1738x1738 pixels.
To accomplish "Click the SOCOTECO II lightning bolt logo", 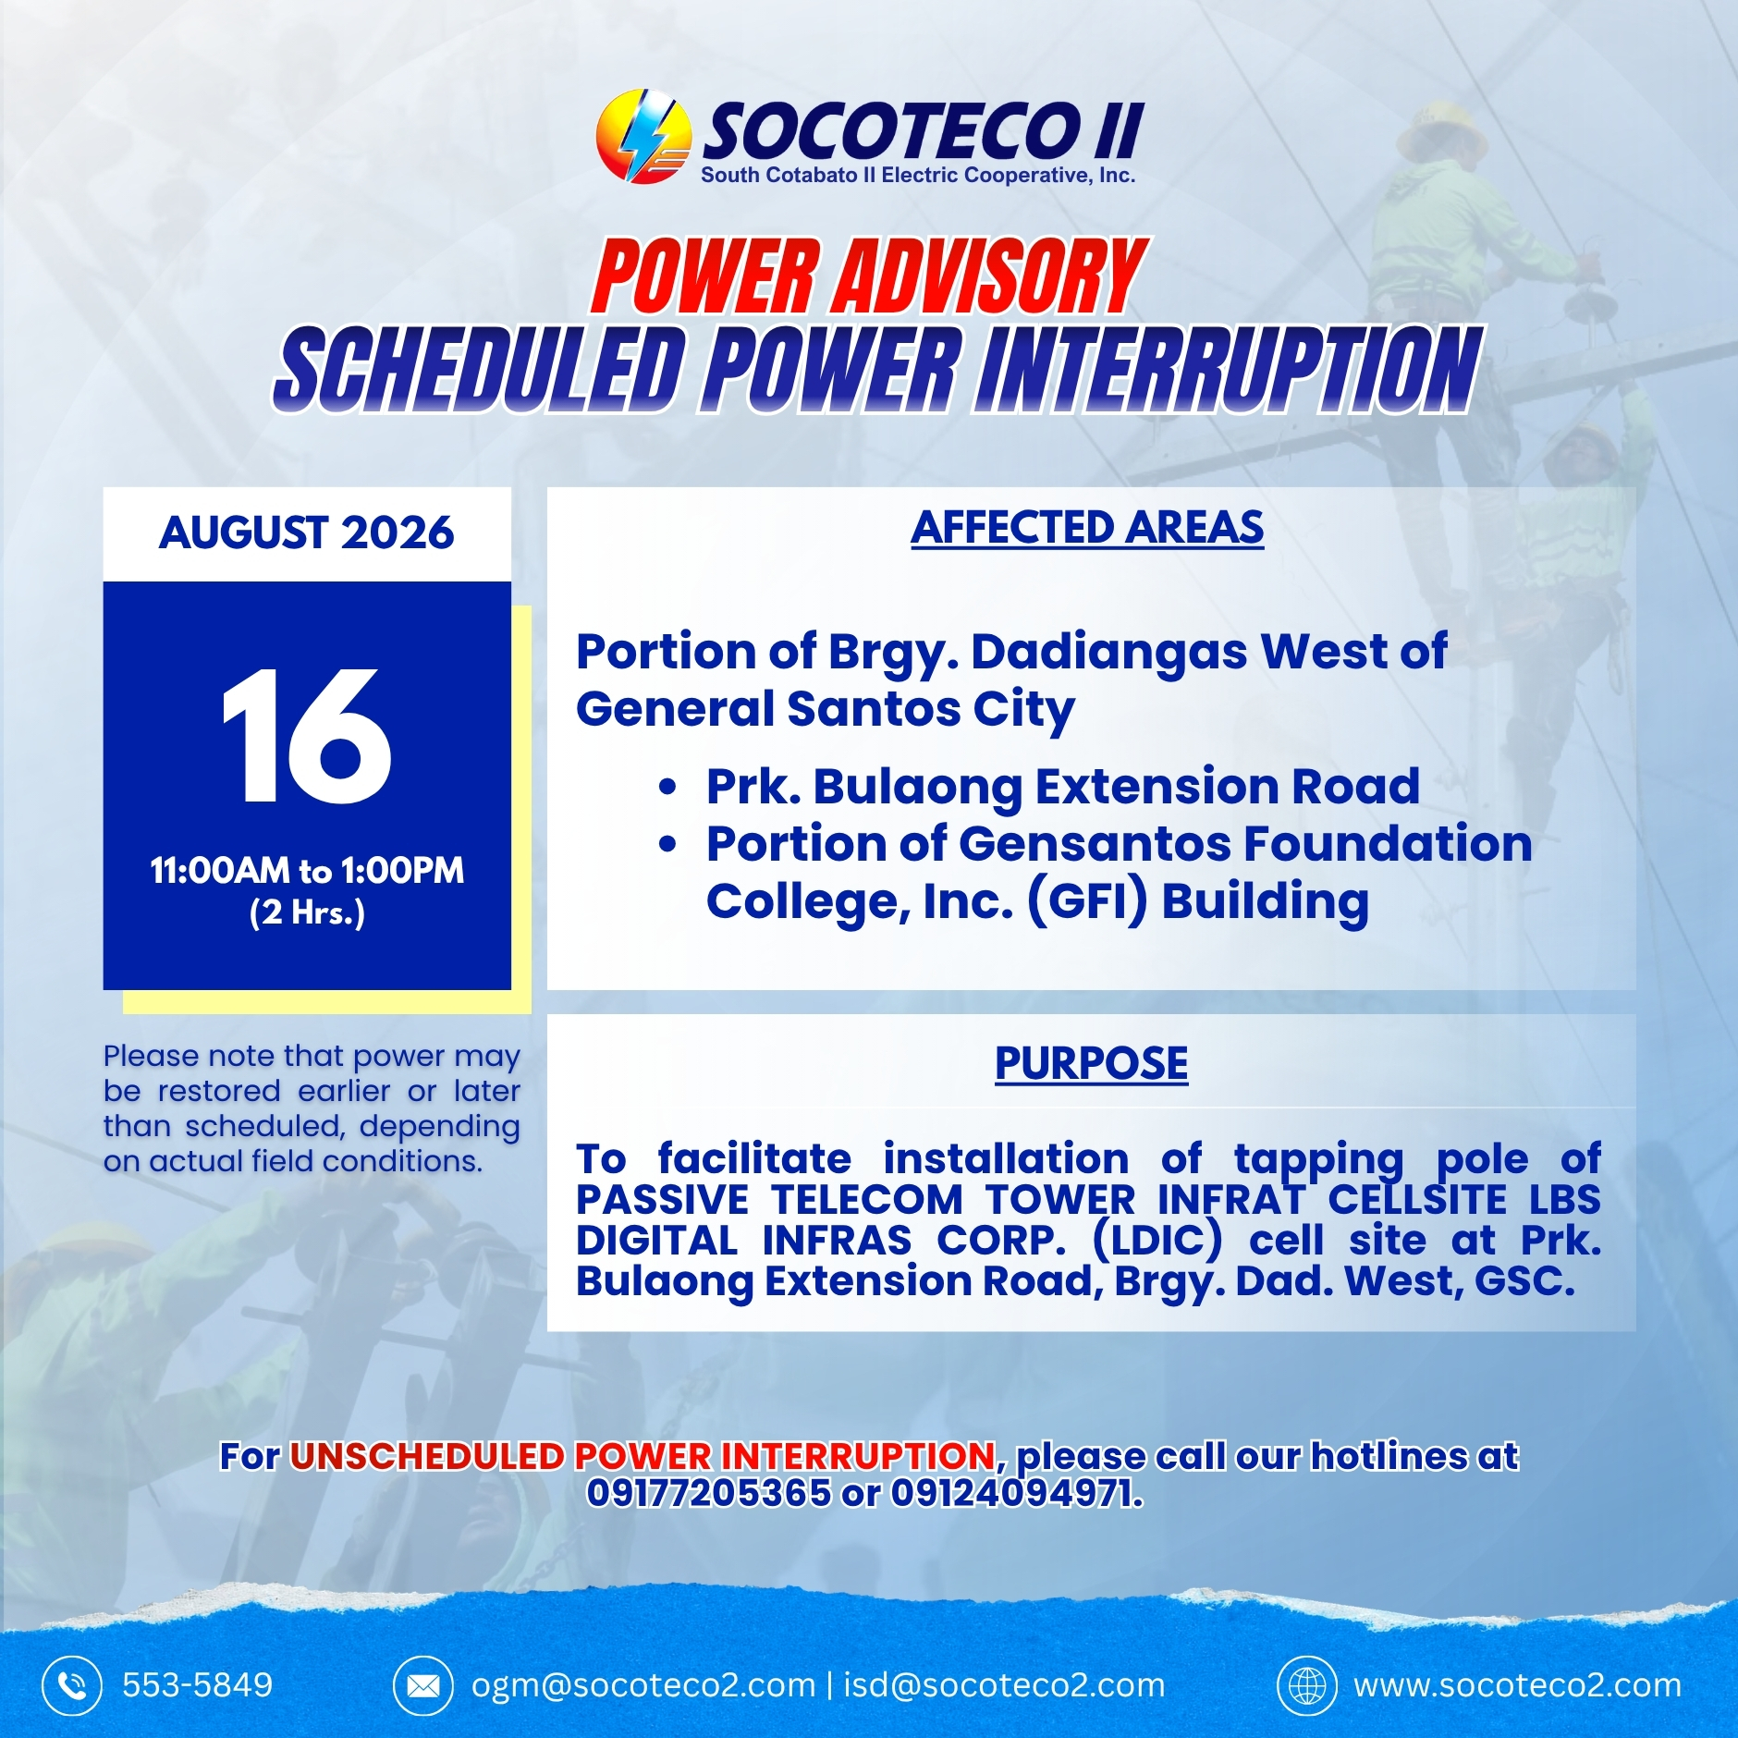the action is [643, 136].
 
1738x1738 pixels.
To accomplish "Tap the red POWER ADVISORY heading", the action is [869, 275].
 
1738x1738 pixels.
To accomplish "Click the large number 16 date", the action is [307, 736].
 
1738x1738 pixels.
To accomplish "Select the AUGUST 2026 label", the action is [307, 532].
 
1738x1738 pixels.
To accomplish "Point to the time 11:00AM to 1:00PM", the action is [307, 870].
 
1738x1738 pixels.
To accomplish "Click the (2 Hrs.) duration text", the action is [307, 913].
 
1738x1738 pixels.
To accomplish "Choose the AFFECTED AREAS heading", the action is [1087, 528].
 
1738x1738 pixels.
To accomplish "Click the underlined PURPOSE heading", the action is [1091, 1063].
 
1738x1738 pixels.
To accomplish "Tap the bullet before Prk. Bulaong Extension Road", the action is [667, 788].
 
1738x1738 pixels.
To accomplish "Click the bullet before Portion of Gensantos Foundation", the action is [667, 845].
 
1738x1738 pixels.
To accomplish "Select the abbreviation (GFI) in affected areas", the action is [1087, 900].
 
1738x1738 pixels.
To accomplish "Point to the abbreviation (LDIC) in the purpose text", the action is [1157, 1240].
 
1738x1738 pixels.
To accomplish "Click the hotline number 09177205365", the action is [709, 1492].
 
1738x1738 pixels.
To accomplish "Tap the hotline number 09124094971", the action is [1016, 1492].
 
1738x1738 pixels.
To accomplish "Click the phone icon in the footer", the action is [72, 1685].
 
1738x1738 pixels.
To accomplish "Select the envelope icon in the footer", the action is [423, 1685].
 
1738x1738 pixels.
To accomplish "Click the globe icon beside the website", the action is [1307, 1685].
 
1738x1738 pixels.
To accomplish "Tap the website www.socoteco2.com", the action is [1517, 1685].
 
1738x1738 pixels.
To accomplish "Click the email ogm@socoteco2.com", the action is [643, 1685].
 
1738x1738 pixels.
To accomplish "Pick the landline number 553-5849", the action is [198, 1685].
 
